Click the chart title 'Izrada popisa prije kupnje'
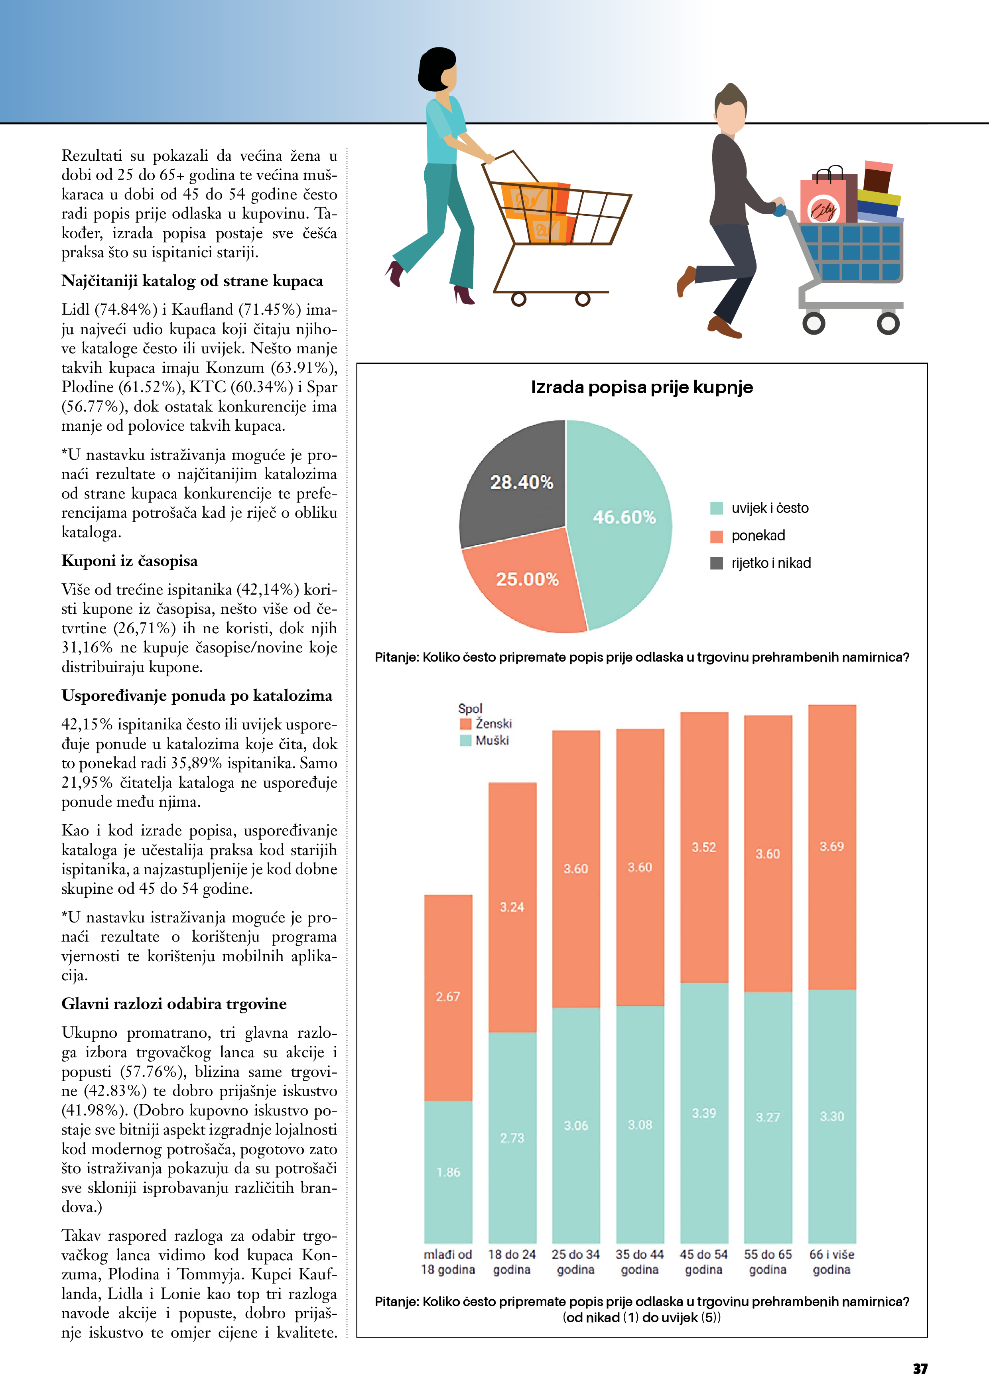coord(642,388)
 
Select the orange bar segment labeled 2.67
coord(448,997)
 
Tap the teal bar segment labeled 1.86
coord(448,1172)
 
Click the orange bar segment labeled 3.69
coord(832,846)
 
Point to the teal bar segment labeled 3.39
coord(704,1113)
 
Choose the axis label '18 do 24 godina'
coord(512,1262)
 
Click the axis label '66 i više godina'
coord(832,1262)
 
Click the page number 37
coord(920,1369)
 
